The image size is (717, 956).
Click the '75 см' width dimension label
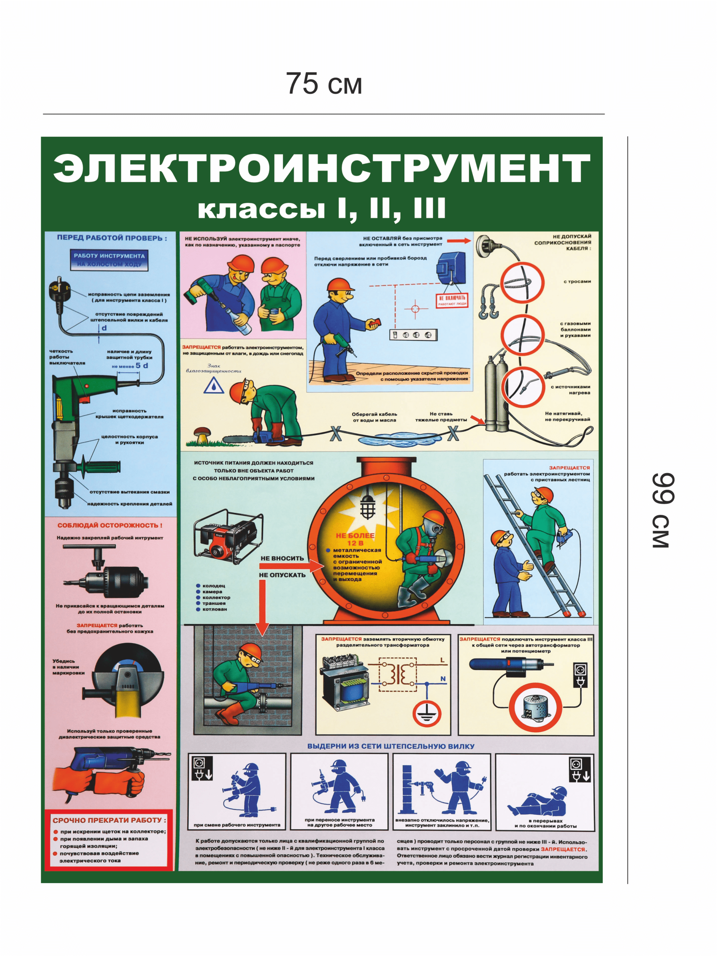pos(324,83)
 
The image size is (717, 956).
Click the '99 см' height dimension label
pos(662,510)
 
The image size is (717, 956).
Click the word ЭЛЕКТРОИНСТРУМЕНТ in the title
pos(322,168)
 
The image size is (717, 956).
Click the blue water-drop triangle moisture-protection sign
pos(214,386)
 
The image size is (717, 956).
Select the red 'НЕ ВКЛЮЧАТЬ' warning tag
pos(451,300)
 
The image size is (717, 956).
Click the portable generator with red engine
pos(227,536)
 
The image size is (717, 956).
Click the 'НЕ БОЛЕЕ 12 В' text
pos(355,539)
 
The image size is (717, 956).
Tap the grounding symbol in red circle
pos(426,714)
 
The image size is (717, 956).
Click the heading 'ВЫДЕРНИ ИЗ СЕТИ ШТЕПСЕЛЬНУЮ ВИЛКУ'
pos(390,747)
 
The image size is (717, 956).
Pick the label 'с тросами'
pos(577,281)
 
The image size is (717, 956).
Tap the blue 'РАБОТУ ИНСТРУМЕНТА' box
pos(109,260)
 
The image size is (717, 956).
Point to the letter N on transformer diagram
pos(443,679)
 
